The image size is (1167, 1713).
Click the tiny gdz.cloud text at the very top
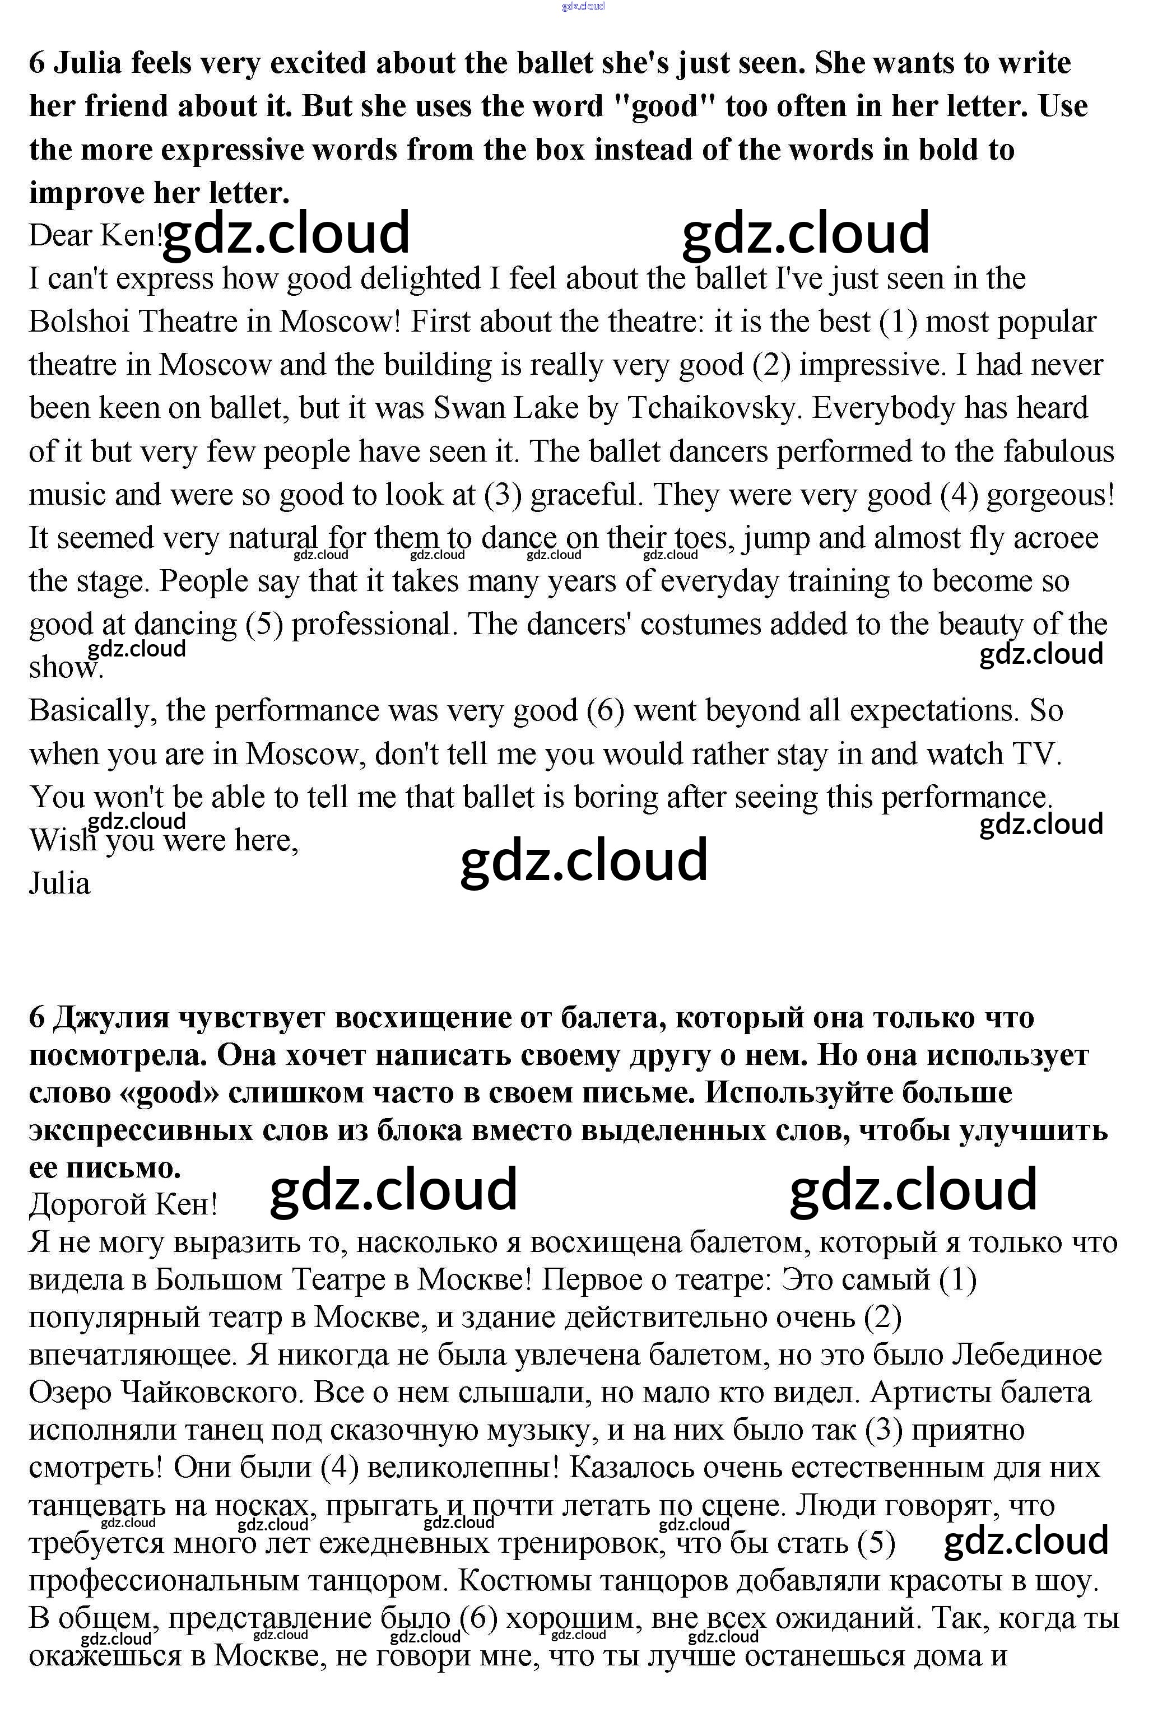(x=583, y=6)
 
